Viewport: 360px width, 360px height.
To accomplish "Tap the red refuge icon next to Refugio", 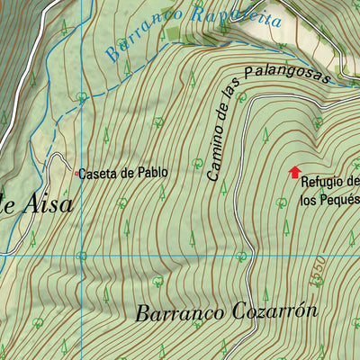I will point(293,171).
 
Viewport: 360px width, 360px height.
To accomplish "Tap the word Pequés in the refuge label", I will point(340,200).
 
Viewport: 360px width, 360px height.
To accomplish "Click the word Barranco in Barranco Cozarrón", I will point(175,314).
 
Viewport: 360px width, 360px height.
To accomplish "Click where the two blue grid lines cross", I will point(82,255).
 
